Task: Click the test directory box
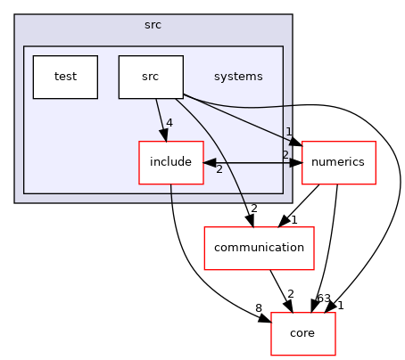pos(65,77)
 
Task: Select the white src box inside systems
pos(151,77)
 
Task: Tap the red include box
pos(170,163)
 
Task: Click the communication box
pos(260,249)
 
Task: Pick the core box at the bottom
pos(303,334)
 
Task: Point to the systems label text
pos(238,77)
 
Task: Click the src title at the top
pos(153,25)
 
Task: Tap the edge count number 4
pos(168,124)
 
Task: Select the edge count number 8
pos(259,308)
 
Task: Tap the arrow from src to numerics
pos(241,119)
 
